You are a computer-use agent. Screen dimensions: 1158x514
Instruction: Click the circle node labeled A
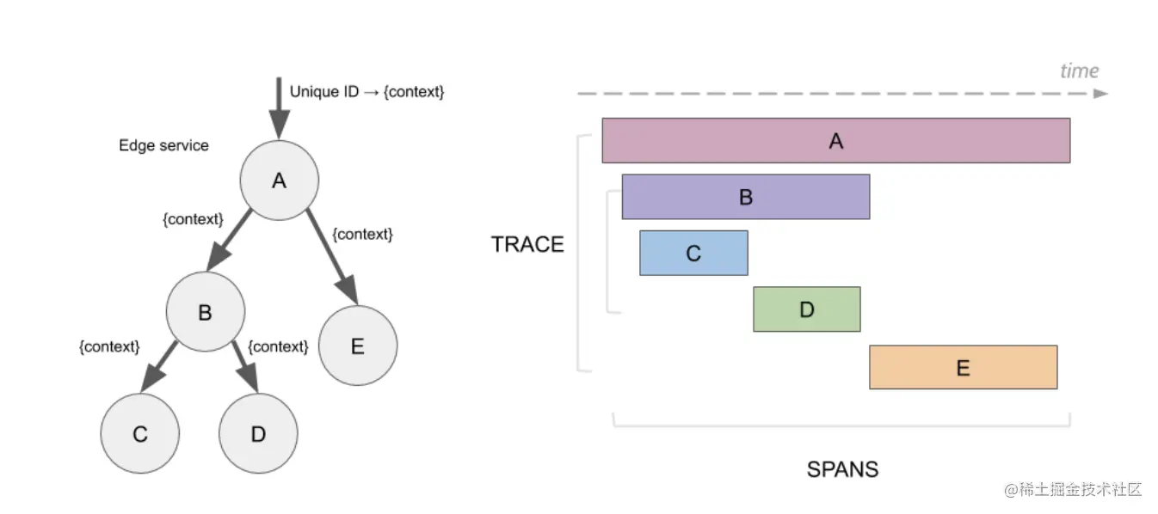pos(279,181)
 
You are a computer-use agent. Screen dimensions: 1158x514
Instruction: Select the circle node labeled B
pos(206,311)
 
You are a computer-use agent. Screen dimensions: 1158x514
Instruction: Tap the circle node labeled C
pos(140,433)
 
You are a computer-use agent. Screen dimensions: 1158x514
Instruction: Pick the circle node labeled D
pos(258,433)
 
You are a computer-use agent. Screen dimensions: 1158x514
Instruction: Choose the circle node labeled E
pos(358,346)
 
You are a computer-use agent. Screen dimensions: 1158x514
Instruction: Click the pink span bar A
pos(836,140)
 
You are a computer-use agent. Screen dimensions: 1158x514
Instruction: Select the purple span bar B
pos(746,197)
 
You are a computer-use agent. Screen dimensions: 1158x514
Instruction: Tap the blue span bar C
pos(693,253)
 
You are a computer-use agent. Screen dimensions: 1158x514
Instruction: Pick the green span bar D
pos(807,309)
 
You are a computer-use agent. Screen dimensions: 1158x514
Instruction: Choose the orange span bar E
pos(964,367)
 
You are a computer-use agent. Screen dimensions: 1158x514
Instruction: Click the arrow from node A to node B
pos(229,240)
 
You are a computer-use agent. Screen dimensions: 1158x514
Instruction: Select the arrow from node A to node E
pos(332,257)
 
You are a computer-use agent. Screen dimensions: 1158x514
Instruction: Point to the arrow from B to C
pos(158,367)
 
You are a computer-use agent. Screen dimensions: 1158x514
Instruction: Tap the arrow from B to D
pos(245,367)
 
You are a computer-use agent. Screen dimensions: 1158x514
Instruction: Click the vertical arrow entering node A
pos(279,108)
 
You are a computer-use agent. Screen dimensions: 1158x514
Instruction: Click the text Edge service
pos(163,145)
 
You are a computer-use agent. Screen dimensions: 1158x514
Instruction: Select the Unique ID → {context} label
pos(366,91)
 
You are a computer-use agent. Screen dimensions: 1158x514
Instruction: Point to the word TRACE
pos(527,244)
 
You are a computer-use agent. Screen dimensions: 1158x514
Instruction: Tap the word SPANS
pos(842,469)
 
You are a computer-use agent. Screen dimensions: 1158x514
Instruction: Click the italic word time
pos(1080,70)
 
